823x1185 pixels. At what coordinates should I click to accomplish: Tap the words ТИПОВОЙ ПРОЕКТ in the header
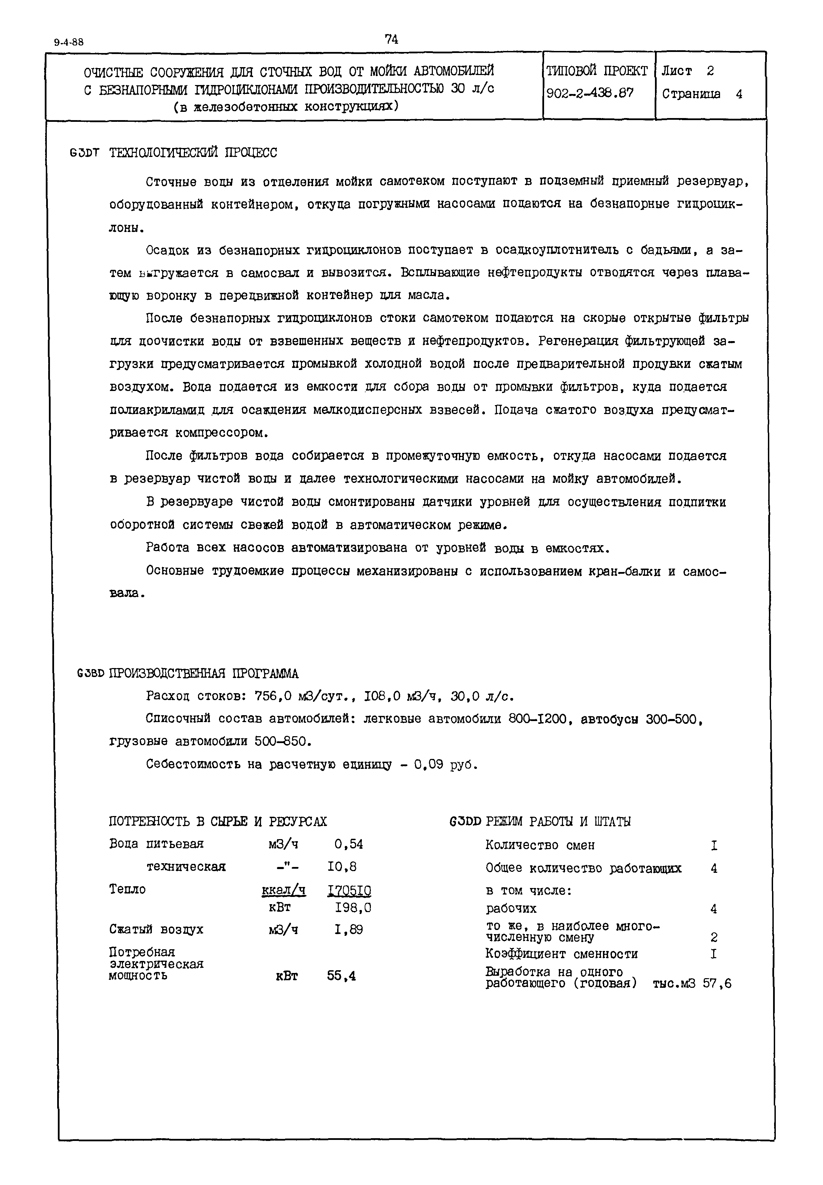[597, 71]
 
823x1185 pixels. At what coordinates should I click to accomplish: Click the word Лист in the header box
[677, 71]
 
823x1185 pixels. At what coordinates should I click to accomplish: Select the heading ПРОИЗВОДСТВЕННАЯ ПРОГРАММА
[204, 674]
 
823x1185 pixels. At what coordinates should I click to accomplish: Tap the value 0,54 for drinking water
[348, 844]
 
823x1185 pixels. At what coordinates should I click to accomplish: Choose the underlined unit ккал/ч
[284, 890]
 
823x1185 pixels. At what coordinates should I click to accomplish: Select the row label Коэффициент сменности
[562, 954]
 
